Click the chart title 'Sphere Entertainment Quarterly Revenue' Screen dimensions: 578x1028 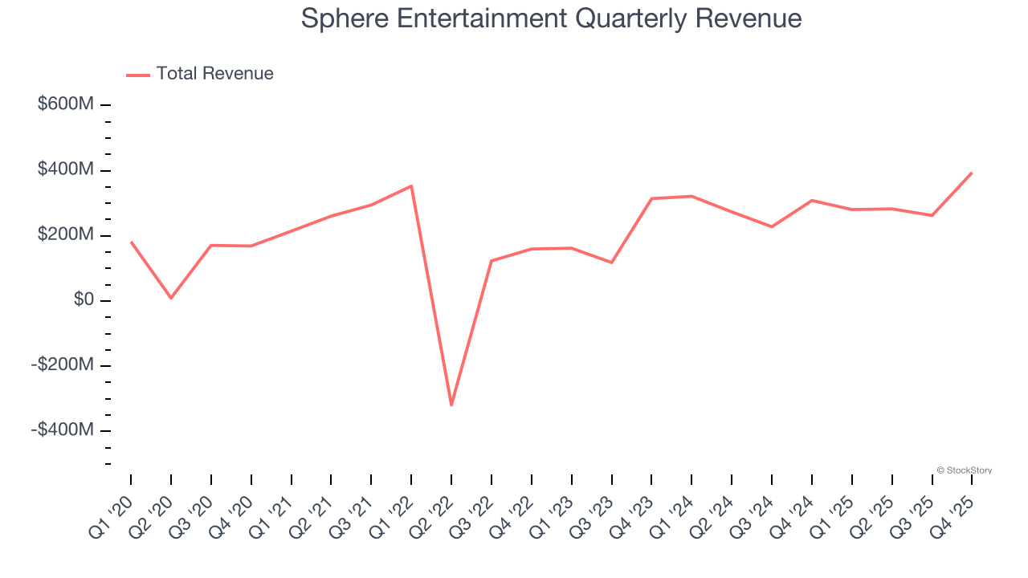tap(551, 18)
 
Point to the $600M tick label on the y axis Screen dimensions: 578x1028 tap(66, 104)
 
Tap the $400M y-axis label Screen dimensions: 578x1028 tap(66, 169)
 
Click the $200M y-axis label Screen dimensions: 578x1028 tap(66, 234)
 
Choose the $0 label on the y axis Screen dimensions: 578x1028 tap(84, 299)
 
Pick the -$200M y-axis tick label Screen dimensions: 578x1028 tap(63, 364)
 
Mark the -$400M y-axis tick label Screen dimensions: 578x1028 tap(63, 429)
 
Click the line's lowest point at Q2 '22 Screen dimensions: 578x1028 tap(451, 405)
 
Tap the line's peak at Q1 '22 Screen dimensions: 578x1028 tap(411, 186)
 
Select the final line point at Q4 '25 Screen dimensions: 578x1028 tap(972, 173)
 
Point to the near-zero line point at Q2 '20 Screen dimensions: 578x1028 tap(171, 298)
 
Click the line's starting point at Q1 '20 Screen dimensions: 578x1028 tap(131, 242)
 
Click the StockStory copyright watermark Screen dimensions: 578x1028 tap(964, 470)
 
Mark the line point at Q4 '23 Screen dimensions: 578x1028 tap(651, 198)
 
